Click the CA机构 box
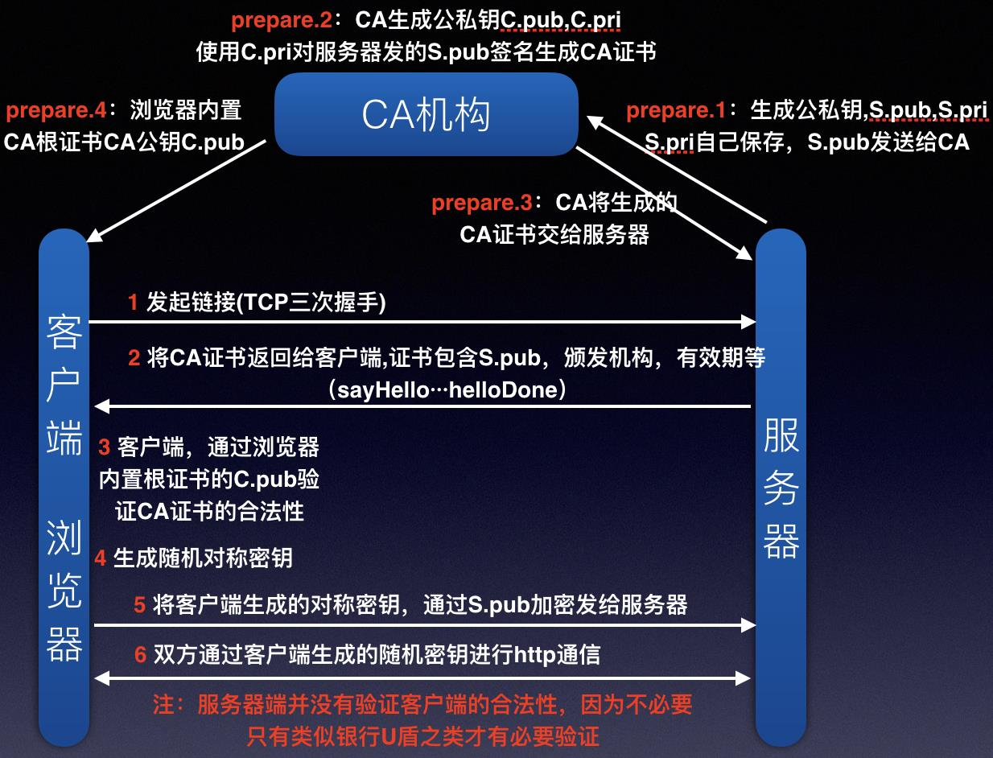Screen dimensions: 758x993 pyautogui.click(x=426, y=114)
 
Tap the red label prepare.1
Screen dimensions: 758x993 pyautogui.click(x=676, y=109)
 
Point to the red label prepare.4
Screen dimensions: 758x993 pyautogui.click(x=56, y=109)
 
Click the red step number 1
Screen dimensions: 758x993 pyautogui.click(x=134, y=303)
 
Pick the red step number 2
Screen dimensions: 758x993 pyautogui.click(x=134, y=358)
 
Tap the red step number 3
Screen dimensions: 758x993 pyautogui.click(x=104, y=447)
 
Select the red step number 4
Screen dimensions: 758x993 pyautogui.click(x=101, y=558)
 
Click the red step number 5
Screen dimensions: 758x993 pyautogui.click(x=139, y=605)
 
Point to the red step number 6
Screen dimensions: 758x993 pyautogui.click(x=140, y=655)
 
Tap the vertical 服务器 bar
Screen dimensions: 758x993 pyautogui.click(x=780, y=491)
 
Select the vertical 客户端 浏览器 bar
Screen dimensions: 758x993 pyautogui.click(x=64, y=491)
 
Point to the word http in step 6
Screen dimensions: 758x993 pyautogui.click(x=535, y=655)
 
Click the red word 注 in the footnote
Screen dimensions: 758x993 pyautogui.click(x=164, y=705)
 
